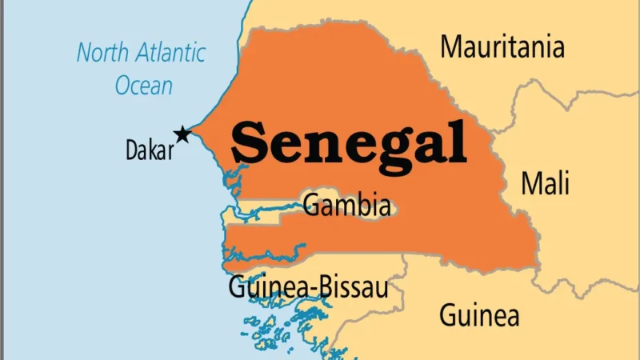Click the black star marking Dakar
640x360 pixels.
pyautogui.click(x=183, y=134)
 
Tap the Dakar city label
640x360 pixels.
pyautogui.click(x=150, y=150)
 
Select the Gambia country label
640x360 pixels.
pyautogui.click(x=347, y=206)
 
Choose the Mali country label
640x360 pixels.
pyautogui.click(x=546, y=183)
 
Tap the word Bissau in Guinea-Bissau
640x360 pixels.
pyautogui.click(x=352, y=286)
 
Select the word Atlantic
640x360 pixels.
pyautogui.click(x=171, y=54)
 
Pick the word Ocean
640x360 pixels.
pyautogui.click(x=144, y=84)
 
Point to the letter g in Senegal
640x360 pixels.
pyautogui.click(x=385, y=152)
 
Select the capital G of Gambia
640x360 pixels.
pyautogui.click(x=311, y=206)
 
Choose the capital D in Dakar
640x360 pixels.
pyautogui.click(x=132, y=150)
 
